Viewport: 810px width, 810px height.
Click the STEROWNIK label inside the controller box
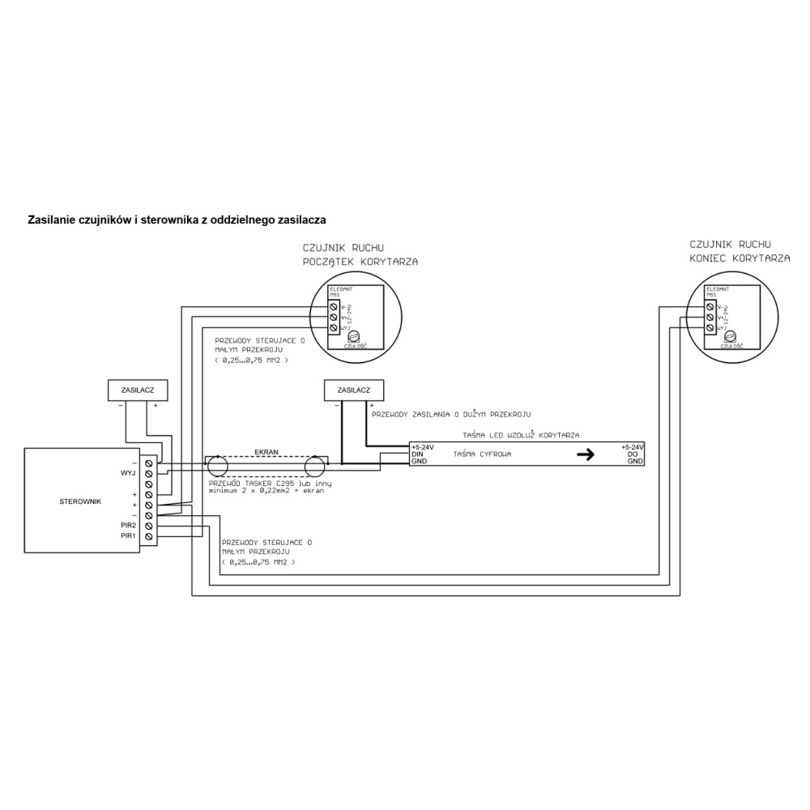[80, 502]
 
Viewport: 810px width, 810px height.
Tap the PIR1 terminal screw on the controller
[148, 536]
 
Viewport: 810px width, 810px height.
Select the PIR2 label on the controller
[127, 526]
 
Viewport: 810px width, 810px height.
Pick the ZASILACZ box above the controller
[138, 390]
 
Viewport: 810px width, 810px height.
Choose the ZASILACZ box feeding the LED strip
[347, 390]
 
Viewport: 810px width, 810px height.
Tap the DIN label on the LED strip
[418, 454]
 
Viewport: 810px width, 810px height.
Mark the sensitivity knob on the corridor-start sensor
[352, 336]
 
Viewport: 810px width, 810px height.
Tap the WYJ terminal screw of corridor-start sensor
[333, 327]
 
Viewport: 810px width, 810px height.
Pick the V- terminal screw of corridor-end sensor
[710, 307]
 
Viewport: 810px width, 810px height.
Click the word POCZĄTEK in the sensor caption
[330, 262]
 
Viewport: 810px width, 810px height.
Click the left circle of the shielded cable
[218, 465]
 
